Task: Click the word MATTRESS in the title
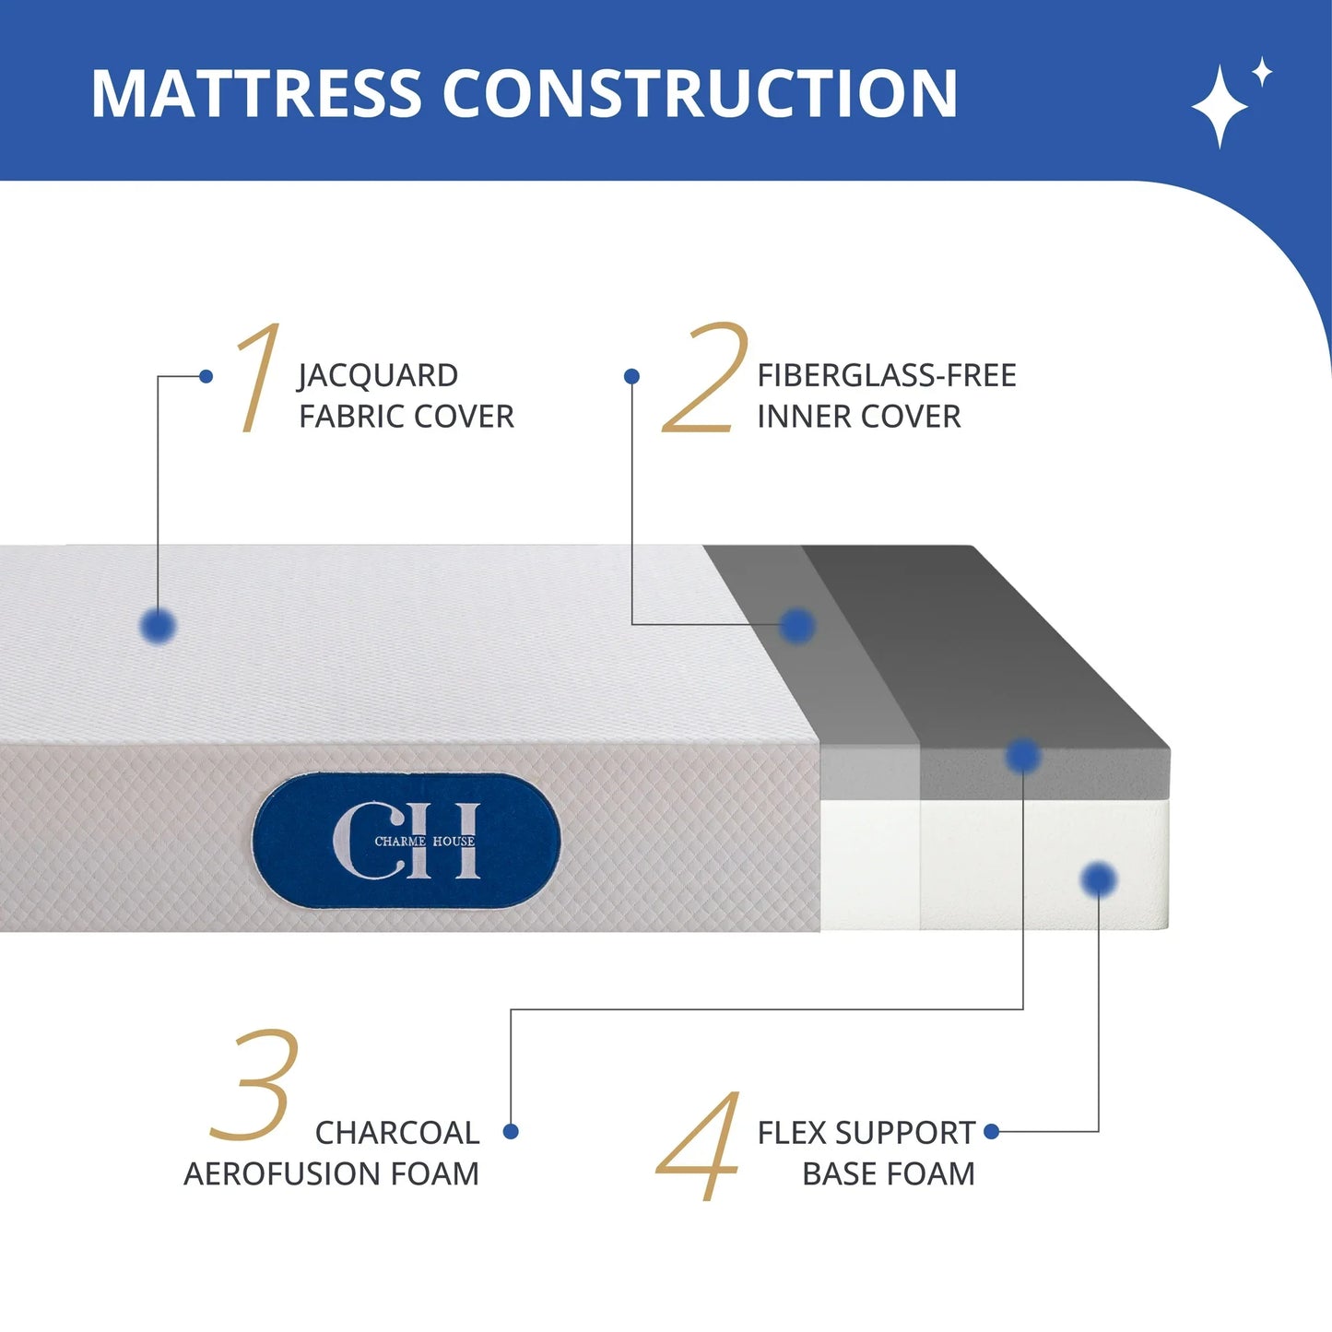(256, 94)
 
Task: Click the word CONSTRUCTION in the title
(700, 94)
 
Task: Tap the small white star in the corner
(1262, 72)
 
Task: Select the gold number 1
(257, 377)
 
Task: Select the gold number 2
(706, 377)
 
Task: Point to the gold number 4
(700, 1146)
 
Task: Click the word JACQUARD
(378, 376)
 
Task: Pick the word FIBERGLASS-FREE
(887, 376)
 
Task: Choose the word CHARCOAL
(397, 1133)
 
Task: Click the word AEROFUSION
(283, 1174)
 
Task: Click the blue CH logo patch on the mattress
(407, 841)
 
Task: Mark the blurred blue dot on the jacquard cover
(159, 626)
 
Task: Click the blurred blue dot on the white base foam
(1098, 878)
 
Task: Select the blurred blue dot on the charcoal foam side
(1022, 756)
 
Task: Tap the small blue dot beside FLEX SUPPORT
(992, 1131)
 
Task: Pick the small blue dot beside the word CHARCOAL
(511, 1131)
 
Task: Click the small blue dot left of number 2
(631, 376)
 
